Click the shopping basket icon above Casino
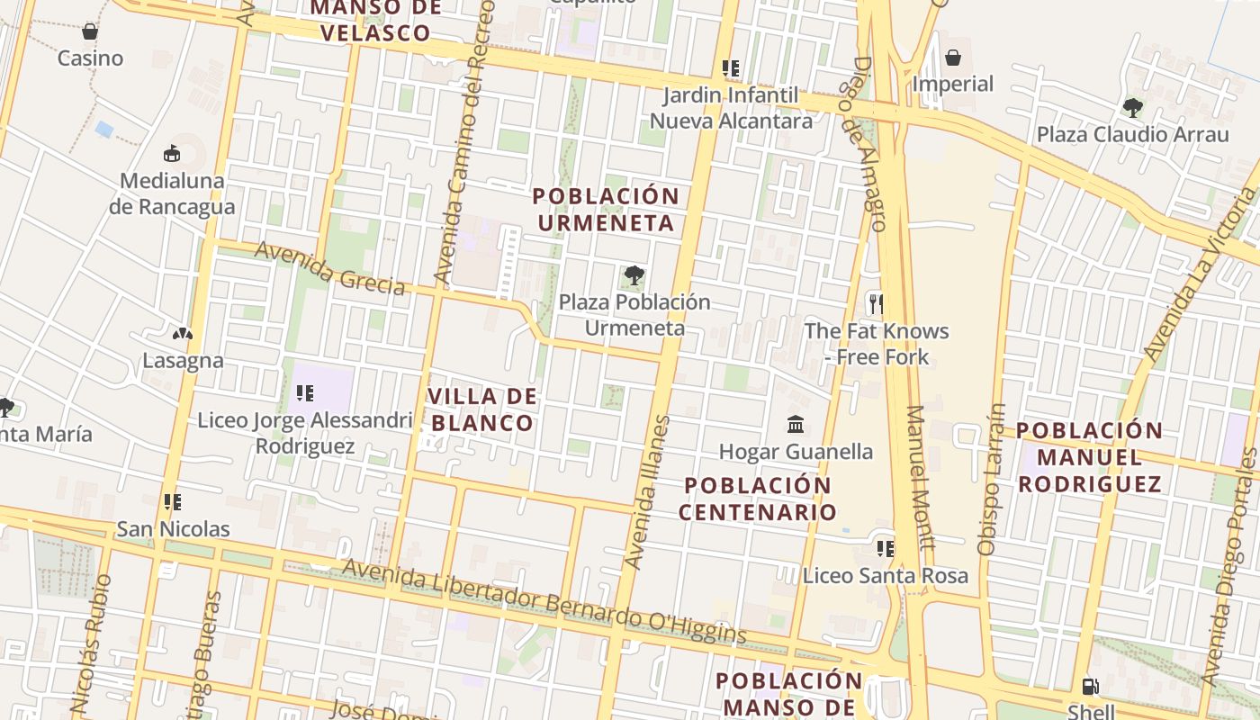point(90,32)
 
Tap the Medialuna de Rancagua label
point(172,193)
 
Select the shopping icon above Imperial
point(953,58)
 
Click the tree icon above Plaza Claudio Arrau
point(1132,109)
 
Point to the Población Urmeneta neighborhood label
point(605,210)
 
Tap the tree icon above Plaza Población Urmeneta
point(634,275)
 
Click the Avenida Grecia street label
point(329,268)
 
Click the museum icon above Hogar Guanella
point(796,424)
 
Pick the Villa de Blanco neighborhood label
point(482,409)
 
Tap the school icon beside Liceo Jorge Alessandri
point(304,393)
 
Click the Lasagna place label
point(183,361)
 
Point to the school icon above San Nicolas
point(173,502)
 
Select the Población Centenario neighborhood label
point(757,499)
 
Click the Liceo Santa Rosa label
point(886,576)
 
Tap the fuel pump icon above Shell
point(1090,687)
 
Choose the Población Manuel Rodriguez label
point(1090,457)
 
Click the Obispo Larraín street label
point(991,479)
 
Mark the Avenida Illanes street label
point(647,492)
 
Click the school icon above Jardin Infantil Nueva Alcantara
point(731,68)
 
